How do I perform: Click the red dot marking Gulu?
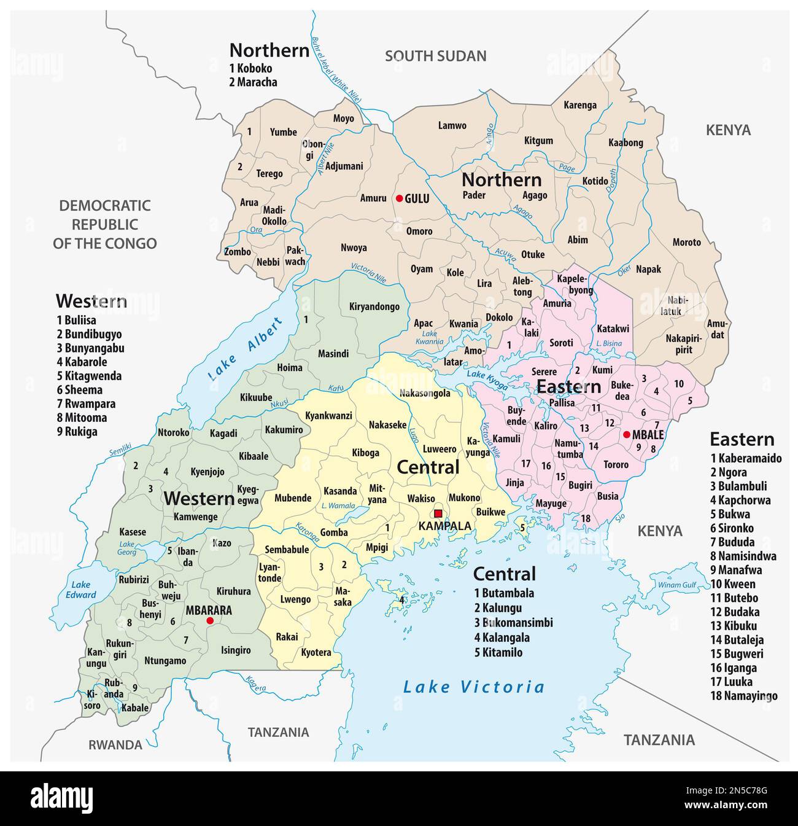point(399,198)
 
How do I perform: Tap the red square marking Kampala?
point(438,513)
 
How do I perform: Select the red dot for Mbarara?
point(210,621)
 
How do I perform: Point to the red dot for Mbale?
point(626,435)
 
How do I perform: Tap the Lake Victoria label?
point(473,687)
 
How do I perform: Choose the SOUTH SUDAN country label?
point(435,56)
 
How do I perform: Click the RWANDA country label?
point(115,745)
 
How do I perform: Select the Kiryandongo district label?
point(374,306)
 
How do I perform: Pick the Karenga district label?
point(580,105)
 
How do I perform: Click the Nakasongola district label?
point(425,393)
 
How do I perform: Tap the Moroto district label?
point(686,242)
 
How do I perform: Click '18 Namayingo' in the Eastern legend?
point(744,696)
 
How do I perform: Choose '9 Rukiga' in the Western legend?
point(77,432)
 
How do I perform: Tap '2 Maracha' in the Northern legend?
point(253,82)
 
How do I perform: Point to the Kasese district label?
point(133,532)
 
